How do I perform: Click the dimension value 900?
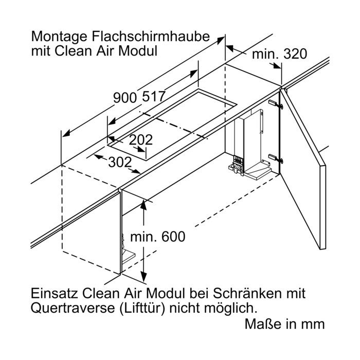125,97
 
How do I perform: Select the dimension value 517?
154,96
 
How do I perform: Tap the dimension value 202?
141,139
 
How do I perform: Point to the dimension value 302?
120,163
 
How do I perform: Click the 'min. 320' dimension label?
279,54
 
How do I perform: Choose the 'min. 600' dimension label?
158,237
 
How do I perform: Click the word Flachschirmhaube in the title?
151,37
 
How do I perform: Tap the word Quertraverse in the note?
73,308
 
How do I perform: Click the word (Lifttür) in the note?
142,309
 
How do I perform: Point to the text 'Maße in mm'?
285,324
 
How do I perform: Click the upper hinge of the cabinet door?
276,104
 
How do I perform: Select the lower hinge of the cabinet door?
276,158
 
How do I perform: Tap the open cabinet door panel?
302,169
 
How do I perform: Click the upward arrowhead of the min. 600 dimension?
143,205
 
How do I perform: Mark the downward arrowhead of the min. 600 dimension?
143,276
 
